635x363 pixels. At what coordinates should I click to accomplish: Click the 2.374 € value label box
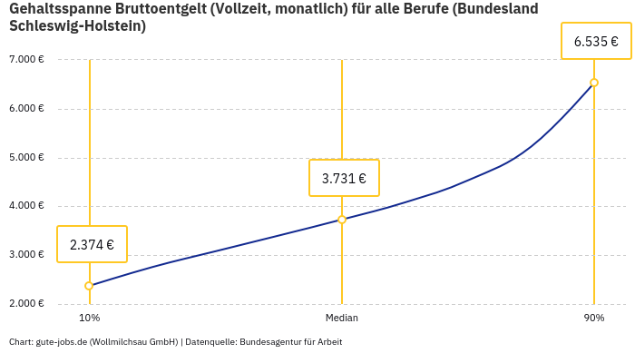coord(92,244)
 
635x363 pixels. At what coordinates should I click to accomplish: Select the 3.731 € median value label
coord(344,178)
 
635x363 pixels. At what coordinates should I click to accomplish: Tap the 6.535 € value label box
coord(596,41)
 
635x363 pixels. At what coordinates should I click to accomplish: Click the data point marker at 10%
coord(89,286)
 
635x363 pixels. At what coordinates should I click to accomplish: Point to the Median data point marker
coord(342,220)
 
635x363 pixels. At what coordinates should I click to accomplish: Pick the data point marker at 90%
coord(594,83)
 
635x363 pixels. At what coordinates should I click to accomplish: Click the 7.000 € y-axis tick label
coord(26,60)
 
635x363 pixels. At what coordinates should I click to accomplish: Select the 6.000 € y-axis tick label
coord(26,109)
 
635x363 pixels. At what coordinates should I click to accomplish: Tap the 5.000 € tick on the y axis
coord(26,157)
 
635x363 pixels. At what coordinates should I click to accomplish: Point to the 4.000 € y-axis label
coord(26,206)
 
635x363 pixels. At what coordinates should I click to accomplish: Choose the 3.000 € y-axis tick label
coord(26,255)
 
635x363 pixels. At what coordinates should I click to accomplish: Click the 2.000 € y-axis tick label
coord(26,303)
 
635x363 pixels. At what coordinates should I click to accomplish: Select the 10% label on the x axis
coord(89,319)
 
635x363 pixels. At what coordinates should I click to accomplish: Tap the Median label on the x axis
coord(342,319)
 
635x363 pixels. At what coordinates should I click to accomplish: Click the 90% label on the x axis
coord(594,319)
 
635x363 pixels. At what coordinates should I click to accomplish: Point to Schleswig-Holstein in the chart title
coord(77,26)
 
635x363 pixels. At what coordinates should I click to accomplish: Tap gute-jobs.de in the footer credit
coord(61,342)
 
